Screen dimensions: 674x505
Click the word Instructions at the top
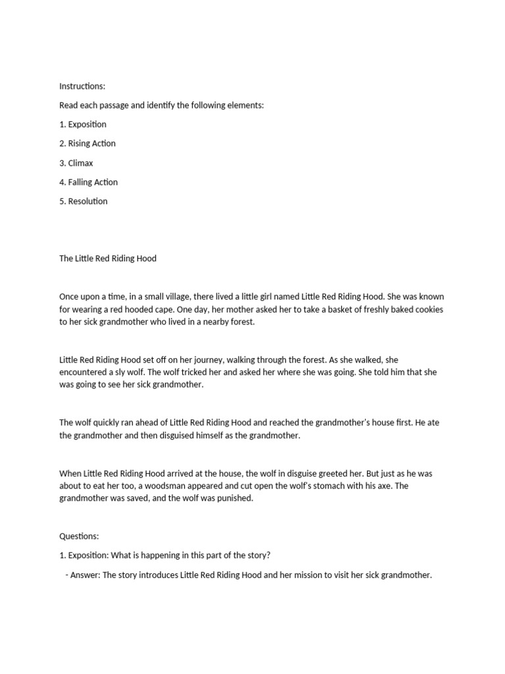tap(82, 86)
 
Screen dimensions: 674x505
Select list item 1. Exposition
tap(83, 124)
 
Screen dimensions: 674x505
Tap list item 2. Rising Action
tap(87, 143)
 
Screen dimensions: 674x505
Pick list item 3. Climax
tap(76, 163)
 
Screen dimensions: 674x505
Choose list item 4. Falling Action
tap(89, 182)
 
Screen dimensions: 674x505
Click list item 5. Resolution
tap(84, 201)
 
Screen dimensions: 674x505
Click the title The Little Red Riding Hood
tap(108, 259)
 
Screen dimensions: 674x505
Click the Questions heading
tap(79, 536)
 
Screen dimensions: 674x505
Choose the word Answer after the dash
tap(85, 575)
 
